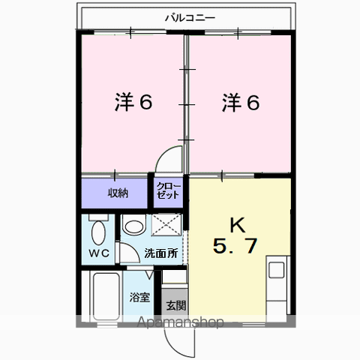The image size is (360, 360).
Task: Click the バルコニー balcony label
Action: click(x=190, y=18)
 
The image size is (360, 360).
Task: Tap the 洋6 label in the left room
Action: click(x=133, y=102)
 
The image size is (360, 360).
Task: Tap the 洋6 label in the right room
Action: click(x=241, y=102)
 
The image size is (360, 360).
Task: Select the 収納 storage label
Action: click(x=118, y=193)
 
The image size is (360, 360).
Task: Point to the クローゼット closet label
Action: click(x=168, y=190)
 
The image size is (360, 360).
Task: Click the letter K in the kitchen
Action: click(x=237, y=225)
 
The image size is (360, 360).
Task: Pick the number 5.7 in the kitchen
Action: click(x=235, y=246)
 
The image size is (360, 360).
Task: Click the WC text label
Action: click(x=99, y=253)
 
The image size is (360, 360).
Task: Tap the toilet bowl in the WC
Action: click(x=98, y=232)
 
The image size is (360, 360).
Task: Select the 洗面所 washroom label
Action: click(x=161, y=253)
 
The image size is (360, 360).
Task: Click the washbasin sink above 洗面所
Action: click(x=134, y=226)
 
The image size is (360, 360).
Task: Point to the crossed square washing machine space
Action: click(x=166, y=224)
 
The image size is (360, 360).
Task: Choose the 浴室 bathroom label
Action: click(x=139, y=297)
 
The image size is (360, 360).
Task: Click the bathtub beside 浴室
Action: click(x=106, y=296)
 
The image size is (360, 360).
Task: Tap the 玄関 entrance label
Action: click(x=176, y=305)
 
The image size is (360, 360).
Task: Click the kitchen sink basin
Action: click(x=276, y=270)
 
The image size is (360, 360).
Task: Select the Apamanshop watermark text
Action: click(x=180, y=322)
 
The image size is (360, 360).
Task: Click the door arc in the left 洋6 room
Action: click(x=161, y=155)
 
